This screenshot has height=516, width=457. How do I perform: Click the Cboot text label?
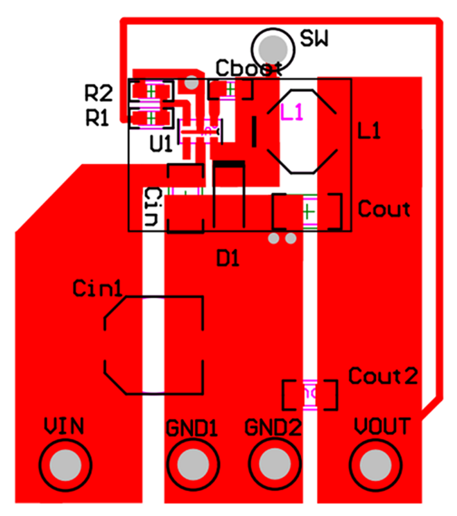249,68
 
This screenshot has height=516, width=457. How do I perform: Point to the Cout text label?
384,209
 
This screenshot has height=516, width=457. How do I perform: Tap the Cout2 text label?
383,376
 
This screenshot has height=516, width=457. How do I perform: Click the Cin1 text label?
97,288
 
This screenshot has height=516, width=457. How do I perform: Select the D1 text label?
228,259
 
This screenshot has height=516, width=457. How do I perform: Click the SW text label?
315,40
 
